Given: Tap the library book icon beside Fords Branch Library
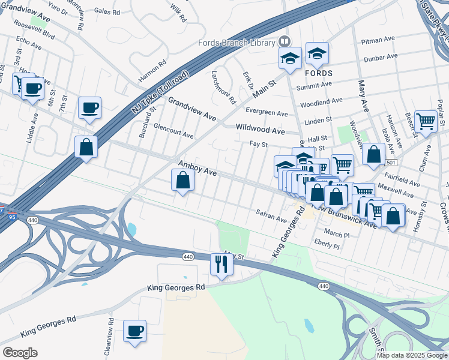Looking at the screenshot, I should coord(285,42).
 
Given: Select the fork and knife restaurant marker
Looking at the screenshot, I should coord(221,264).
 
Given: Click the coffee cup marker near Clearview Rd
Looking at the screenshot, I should coord(135,331).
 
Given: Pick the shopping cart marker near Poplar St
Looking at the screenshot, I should coord(426,121).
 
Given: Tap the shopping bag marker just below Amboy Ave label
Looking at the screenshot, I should coord(182,181).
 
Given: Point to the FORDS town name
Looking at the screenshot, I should coord(318,73).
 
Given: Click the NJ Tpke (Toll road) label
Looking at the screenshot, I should coord(160,93).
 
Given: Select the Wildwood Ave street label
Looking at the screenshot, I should coord(260,130).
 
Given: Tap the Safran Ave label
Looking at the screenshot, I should coord(271,216).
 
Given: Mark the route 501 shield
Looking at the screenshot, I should coord(391,163).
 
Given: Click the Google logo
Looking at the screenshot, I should coord(20,352).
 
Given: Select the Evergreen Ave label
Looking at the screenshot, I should coord(267,113).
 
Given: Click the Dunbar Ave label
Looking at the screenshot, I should coord(381,56).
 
